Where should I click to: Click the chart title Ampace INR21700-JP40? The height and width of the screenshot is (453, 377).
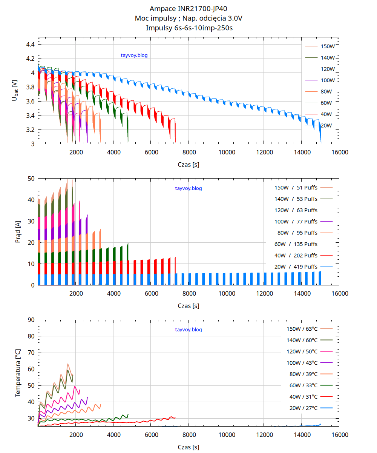[x=188, y=8]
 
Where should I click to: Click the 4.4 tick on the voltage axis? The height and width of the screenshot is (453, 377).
[x=30, y=45]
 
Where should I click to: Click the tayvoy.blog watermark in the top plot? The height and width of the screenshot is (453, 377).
[x=134, y=55]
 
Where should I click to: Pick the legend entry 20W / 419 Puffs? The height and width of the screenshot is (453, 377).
[x=296, y=267]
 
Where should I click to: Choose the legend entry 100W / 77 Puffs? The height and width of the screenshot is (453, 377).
[x=296, y=221]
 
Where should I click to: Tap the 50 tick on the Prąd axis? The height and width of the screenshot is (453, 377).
[x=31, y=178]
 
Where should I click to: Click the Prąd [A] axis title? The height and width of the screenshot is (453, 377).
[x=18, y=232]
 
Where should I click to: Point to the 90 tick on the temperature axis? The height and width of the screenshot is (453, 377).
[x=31, y=320]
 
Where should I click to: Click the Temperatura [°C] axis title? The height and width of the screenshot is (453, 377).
[x=18, y=373]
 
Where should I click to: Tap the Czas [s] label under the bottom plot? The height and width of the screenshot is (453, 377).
[x=188, y=447]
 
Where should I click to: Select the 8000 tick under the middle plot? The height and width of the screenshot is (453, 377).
[x=188, y=293]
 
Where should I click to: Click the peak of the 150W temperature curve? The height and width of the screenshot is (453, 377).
[x=67, y=364]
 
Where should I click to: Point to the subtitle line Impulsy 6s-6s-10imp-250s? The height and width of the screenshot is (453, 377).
[x=188, y=28]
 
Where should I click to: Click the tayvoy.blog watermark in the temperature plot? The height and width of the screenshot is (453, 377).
[x=188, y=330]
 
